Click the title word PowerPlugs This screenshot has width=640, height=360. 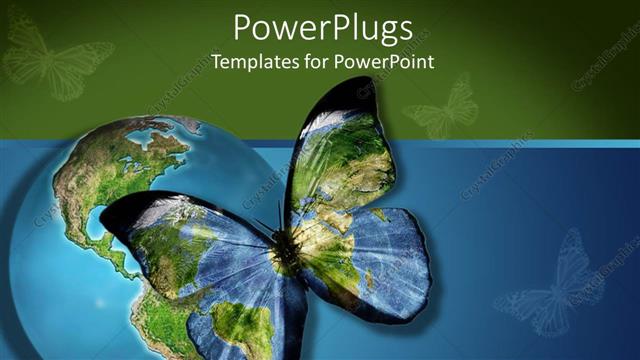[322, 27]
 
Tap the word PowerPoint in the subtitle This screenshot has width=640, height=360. [387, 61]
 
